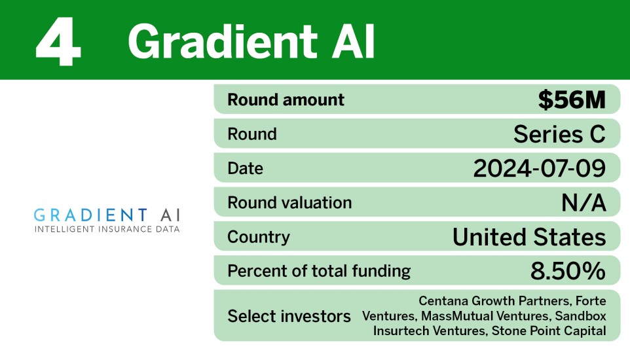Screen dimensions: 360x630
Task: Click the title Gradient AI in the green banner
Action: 251,41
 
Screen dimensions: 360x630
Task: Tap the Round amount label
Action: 286,100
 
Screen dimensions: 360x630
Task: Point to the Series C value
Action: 559,134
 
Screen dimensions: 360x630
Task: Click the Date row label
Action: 245,168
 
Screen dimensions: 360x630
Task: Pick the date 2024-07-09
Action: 539,168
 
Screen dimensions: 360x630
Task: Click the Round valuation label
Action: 289,202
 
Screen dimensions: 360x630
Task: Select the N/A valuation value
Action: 584,202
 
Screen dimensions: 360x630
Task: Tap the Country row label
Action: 258,236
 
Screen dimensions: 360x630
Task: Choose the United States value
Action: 529,236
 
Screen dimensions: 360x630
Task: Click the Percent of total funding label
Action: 319,270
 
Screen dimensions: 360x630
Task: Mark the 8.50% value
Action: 568,270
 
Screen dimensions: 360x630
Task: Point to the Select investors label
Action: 289,316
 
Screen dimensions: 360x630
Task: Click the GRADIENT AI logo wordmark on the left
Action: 107,215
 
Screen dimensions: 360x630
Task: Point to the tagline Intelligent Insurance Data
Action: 107,229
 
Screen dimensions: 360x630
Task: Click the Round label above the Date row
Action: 252,134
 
